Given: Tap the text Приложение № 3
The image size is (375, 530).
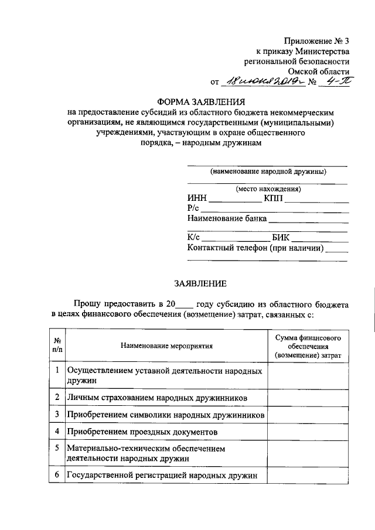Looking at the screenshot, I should coord(316,40).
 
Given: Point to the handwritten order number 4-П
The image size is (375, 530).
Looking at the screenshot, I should coord(335,81).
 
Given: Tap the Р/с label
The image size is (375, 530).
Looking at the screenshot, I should coord(193,208).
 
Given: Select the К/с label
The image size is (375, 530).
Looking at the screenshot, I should coord(194,238).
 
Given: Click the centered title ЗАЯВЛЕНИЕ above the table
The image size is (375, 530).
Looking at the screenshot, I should coord(200,283).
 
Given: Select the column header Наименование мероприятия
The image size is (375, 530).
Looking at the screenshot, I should coord(167,346).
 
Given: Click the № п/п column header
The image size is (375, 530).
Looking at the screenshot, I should coord(57,346).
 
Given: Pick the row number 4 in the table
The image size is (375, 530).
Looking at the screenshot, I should coord(57,432).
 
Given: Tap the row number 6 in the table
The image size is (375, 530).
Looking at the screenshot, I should coord(57,475).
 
